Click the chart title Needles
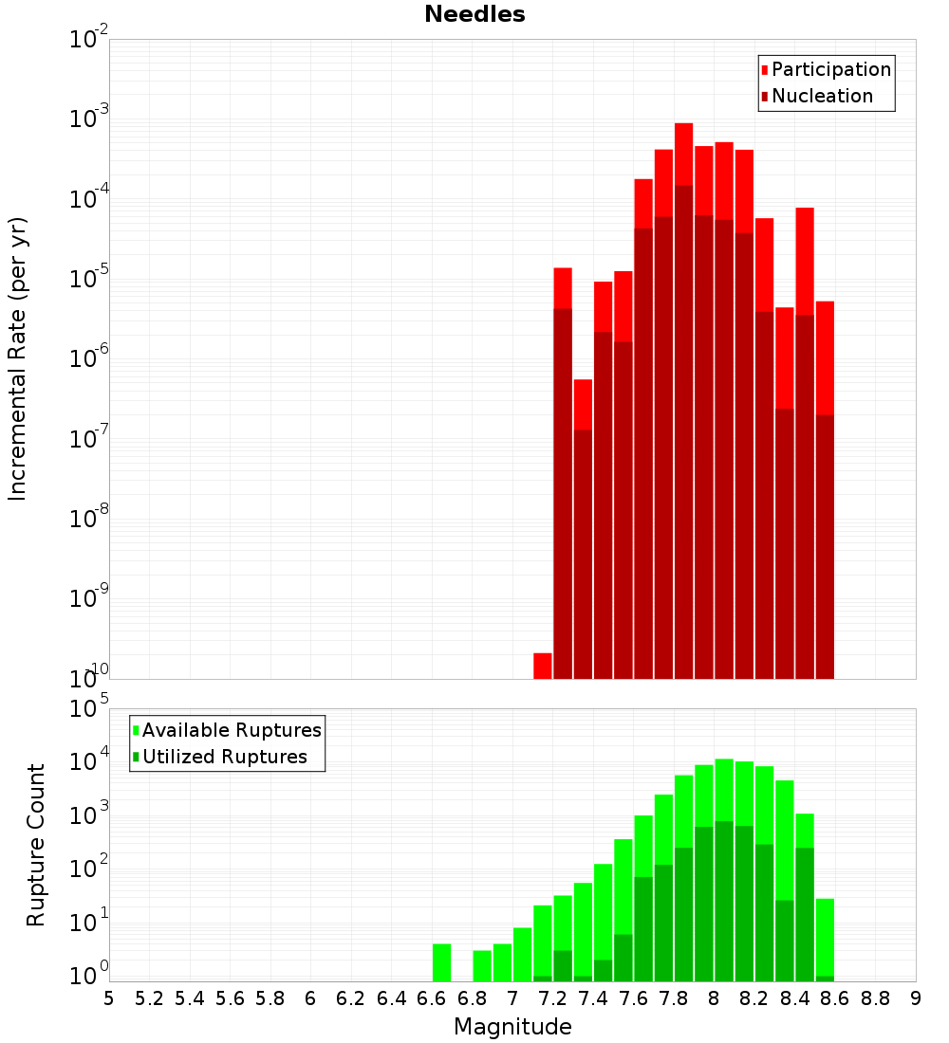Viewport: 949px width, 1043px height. pyautogui.click(x=474, y=14)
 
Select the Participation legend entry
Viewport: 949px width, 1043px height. pyautogui.click(x=831, y=69)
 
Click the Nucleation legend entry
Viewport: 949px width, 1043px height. pyautogui.click(x=822, y=96)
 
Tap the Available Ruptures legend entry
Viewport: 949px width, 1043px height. pyautogui.click(x=232, y=730)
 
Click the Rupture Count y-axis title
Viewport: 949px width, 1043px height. pyautogui.click(x=36, y=845)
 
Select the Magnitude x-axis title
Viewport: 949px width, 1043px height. pyautogui.click(x=512, y=1027)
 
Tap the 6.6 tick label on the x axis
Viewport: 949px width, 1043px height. pyautogui.click(x=432, y=998)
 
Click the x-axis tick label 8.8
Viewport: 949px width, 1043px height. pyautogui.click(x=875, y=998)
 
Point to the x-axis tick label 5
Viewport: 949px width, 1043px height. pyautogui.click(x=109, y=998)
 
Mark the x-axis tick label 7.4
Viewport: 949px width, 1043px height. pyautogui.click(x=593, y=998)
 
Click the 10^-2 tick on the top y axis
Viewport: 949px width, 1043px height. pyautogui.click(x=89, y=40)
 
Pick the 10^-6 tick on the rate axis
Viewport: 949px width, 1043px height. pyautogui.click(x=89, y=359)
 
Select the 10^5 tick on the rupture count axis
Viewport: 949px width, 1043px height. pyautogui.click(x=89, y=709)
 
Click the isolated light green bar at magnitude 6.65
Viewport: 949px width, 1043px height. pyautogui.click(x=441, y=962)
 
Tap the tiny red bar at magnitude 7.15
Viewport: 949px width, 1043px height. pyautogui.click(x=543, y=666)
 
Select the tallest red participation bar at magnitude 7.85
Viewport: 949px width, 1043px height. pyautogui.click(x=684, y=152)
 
